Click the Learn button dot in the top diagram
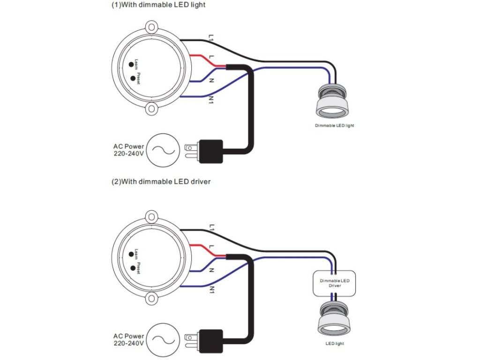[x=131, y=64]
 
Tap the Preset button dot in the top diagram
[x=133, y=78]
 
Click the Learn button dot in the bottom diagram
[x=131, y=254]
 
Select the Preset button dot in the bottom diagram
[x=133, y=268]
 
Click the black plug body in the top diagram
[x=211, y=151]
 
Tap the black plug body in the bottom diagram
[x=211, y=341]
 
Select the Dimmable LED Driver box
[x=334, y=283]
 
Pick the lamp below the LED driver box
[x=334, y=319]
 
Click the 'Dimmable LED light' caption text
[x=334, y=126]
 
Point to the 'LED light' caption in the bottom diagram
[x=335, y=344]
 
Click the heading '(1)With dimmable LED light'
[x=158, y=5]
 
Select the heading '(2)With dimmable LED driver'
[x=161, y=181]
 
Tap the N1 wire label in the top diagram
[x=211, y=99]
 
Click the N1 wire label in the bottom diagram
[x=211, y=290]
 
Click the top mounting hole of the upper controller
[x=151, y=27]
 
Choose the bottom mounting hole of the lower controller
[x=151, y=299]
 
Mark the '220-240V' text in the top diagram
[x=128, y=153]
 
